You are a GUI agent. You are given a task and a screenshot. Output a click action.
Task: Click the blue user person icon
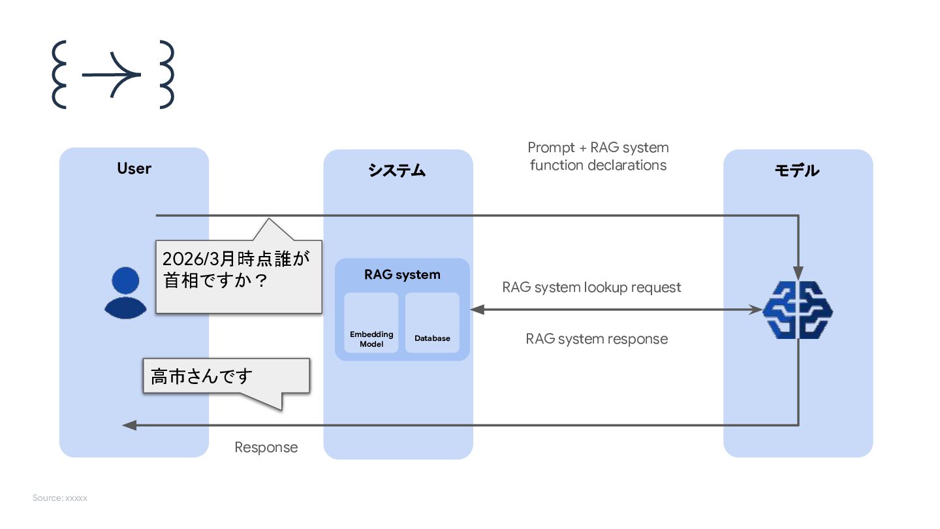(125, 293)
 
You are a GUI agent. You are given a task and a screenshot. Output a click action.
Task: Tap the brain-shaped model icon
(798, 310)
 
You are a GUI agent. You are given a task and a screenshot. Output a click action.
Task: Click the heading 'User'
(134, 168)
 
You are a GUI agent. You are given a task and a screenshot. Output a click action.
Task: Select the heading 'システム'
(397, 170)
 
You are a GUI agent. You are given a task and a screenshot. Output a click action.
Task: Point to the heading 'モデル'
(796, 170)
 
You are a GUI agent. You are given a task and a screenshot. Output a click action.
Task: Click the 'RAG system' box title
(402, 274)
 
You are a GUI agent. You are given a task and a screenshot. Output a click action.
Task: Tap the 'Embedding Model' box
(371, 323)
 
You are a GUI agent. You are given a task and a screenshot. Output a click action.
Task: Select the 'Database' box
(432, 323)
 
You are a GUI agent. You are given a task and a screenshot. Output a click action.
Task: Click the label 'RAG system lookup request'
(591, 287)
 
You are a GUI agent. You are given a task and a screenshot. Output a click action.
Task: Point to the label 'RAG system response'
(597, 339)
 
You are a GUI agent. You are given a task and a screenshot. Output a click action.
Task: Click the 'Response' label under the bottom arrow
(266, 447)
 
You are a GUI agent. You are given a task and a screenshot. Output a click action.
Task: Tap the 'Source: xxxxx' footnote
(59, 498)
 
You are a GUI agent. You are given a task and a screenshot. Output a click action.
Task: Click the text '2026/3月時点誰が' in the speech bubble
(236, 259)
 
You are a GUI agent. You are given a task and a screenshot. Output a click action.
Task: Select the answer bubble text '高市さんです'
(202, 376)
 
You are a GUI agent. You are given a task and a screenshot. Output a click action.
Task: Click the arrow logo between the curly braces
(111, 74)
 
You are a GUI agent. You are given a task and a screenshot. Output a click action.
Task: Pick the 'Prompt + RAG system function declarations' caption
(598, 156)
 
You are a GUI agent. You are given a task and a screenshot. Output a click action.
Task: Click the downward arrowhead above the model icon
(798, 272)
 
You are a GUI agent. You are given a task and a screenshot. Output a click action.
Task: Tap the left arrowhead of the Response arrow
(129, 425)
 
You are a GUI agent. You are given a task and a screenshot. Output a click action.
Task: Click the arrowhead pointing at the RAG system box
(477, 310)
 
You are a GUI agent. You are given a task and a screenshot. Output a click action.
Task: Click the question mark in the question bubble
(261, 281)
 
